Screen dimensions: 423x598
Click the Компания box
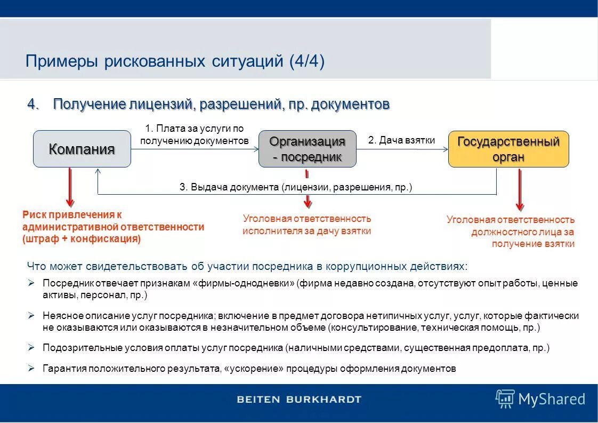82,149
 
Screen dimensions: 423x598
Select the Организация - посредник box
307,149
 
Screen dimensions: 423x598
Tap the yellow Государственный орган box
508,149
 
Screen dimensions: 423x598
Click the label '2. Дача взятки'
401,140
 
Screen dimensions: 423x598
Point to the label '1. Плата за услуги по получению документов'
195,134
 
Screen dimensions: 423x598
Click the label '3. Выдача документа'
295,188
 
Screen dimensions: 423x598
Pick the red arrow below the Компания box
70,187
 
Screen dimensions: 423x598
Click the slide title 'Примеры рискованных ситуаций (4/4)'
175,61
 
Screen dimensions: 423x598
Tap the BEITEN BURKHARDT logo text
298,399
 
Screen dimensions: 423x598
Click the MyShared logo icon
504,398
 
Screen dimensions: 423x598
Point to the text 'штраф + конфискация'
82,239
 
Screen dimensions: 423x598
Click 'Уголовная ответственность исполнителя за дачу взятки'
306,225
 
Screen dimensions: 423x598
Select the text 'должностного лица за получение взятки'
522,238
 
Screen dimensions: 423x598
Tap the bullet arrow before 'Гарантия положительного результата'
31,368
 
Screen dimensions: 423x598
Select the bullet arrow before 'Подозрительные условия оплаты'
31,347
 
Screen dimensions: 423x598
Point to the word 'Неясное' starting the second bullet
59,316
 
